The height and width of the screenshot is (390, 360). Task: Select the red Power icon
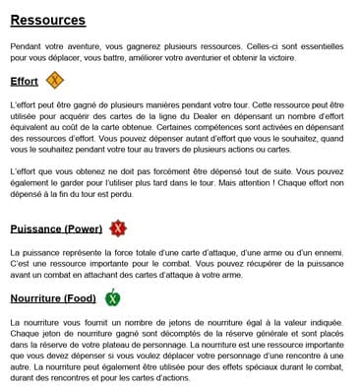118,228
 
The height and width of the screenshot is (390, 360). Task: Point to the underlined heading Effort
25,82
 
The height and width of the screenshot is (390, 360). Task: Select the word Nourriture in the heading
37,298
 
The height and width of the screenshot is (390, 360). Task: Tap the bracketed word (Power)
85,229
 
